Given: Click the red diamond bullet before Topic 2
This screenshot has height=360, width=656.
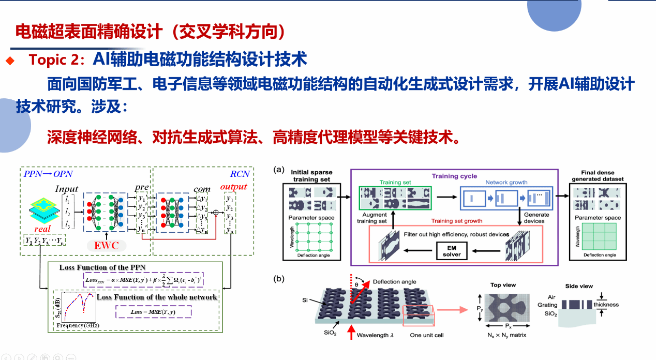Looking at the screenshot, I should coord(9,61).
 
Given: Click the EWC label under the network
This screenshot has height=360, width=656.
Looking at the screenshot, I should coord(107,245).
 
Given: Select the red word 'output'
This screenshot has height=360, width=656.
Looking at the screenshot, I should coord(233,187).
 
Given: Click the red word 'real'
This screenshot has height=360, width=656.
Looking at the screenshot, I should coord(43,229).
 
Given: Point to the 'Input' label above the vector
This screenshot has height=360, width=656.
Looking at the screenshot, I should coord(67,189).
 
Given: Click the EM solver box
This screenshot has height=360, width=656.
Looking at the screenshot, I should coord(452,251).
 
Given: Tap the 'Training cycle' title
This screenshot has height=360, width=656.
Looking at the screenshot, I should coord(454,176).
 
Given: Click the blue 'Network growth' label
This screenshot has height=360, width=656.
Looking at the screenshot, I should coord(506,183).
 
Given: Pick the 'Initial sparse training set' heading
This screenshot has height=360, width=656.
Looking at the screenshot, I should coord(311,175).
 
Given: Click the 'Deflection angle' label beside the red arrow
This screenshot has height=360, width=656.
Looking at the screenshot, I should coord(394,282).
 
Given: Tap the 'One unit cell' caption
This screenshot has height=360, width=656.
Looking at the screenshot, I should coord(426,335).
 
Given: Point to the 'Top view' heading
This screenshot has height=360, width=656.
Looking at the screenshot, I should coord(503,285).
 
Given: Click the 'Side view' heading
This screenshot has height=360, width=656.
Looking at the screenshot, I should coord(579,286).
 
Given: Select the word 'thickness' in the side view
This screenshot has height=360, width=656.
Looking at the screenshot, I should coord(606,305).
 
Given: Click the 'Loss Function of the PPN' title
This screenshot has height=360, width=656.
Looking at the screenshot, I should coord(102,267).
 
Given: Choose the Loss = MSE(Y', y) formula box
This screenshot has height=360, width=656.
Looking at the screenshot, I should coord(153,312).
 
